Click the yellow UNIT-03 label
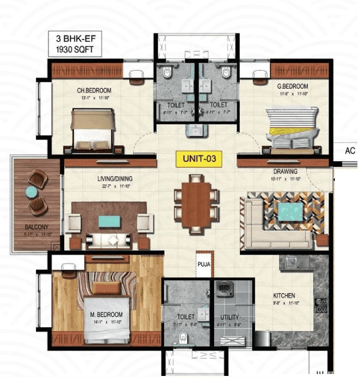coord(196,159)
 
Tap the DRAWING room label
coord(285,172)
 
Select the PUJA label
coord(204,263)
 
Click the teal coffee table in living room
coord(109,222)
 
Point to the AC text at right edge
coord(350,152)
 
